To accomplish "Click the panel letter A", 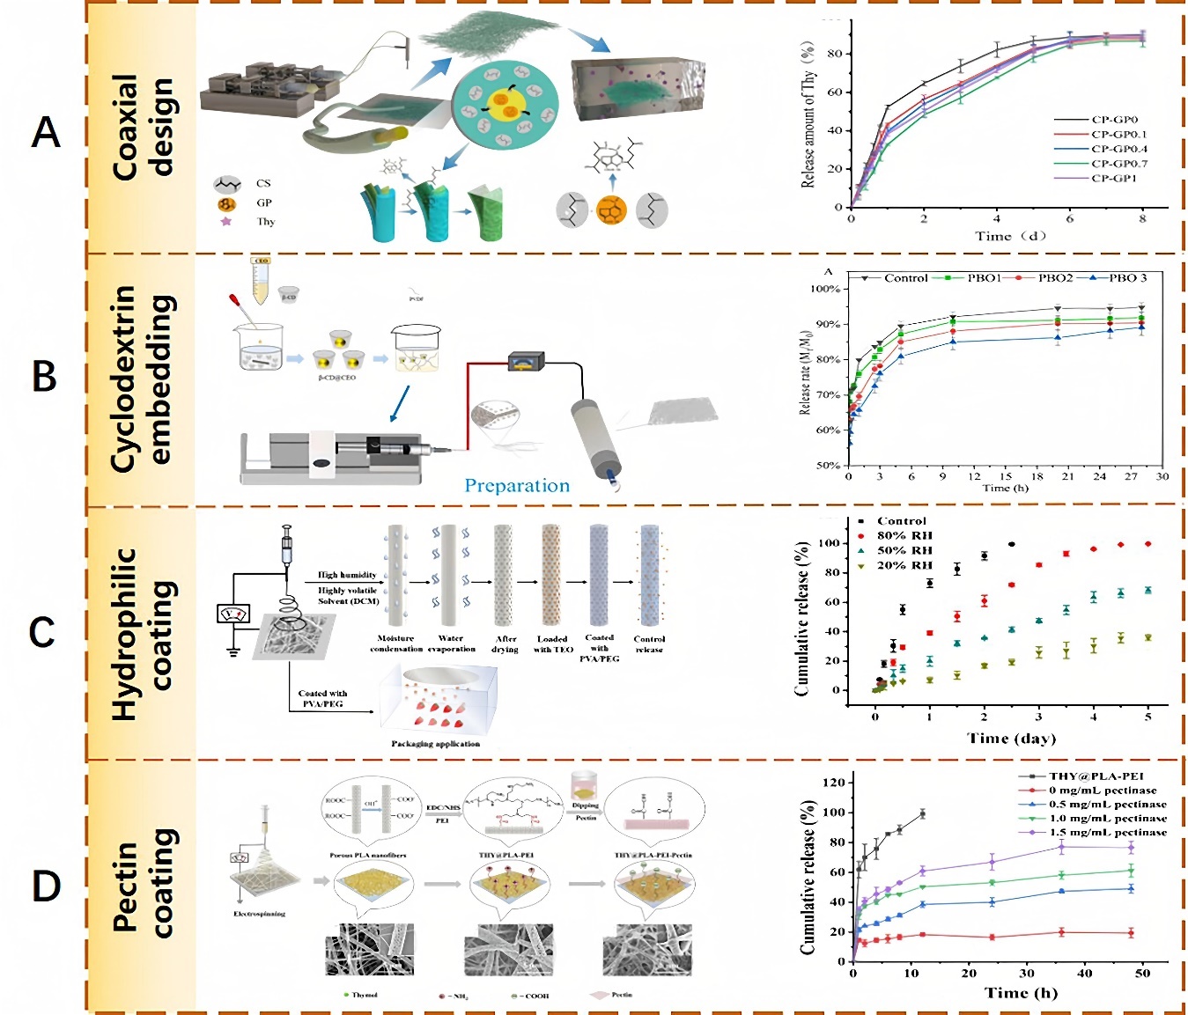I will point(46,133).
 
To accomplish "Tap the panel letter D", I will point(46,886).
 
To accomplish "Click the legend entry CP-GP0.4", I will point(1118,149).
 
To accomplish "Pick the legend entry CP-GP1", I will point(1113,178).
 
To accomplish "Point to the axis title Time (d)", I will point(1010,236).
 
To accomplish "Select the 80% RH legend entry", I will point(904,535).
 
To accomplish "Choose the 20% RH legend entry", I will point(904,565).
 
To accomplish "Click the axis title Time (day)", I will point(1011,738).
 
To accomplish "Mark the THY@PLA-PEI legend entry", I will point(1096,776).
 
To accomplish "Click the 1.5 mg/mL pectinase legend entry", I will point(1107,832).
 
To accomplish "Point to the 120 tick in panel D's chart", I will point(833,783).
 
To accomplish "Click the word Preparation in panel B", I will point(517,486).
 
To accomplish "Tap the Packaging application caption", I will point(435,744).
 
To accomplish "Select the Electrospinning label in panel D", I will point(259,914).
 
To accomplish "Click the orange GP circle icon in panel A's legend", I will point(227,203).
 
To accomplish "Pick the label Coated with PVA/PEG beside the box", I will point(322,699).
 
